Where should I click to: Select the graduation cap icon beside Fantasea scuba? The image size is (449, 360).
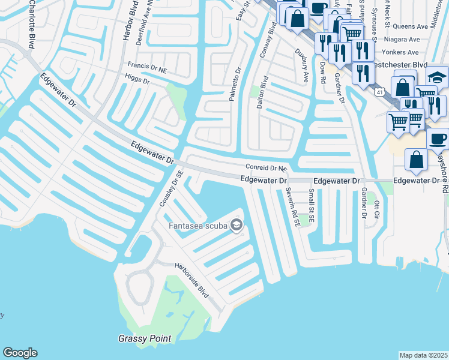pyautogui.click(x=237, y=226)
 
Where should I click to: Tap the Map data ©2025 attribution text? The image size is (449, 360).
pyautogui.click(x=423, y=355)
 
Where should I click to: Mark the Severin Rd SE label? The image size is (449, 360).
pyautogui.click(x=293, y=206)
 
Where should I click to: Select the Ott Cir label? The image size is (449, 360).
pyautogui.click(x=377, y=211)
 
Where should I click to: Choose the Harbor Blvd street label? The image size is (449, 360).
pyautogui.click(x=127, y=24)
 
